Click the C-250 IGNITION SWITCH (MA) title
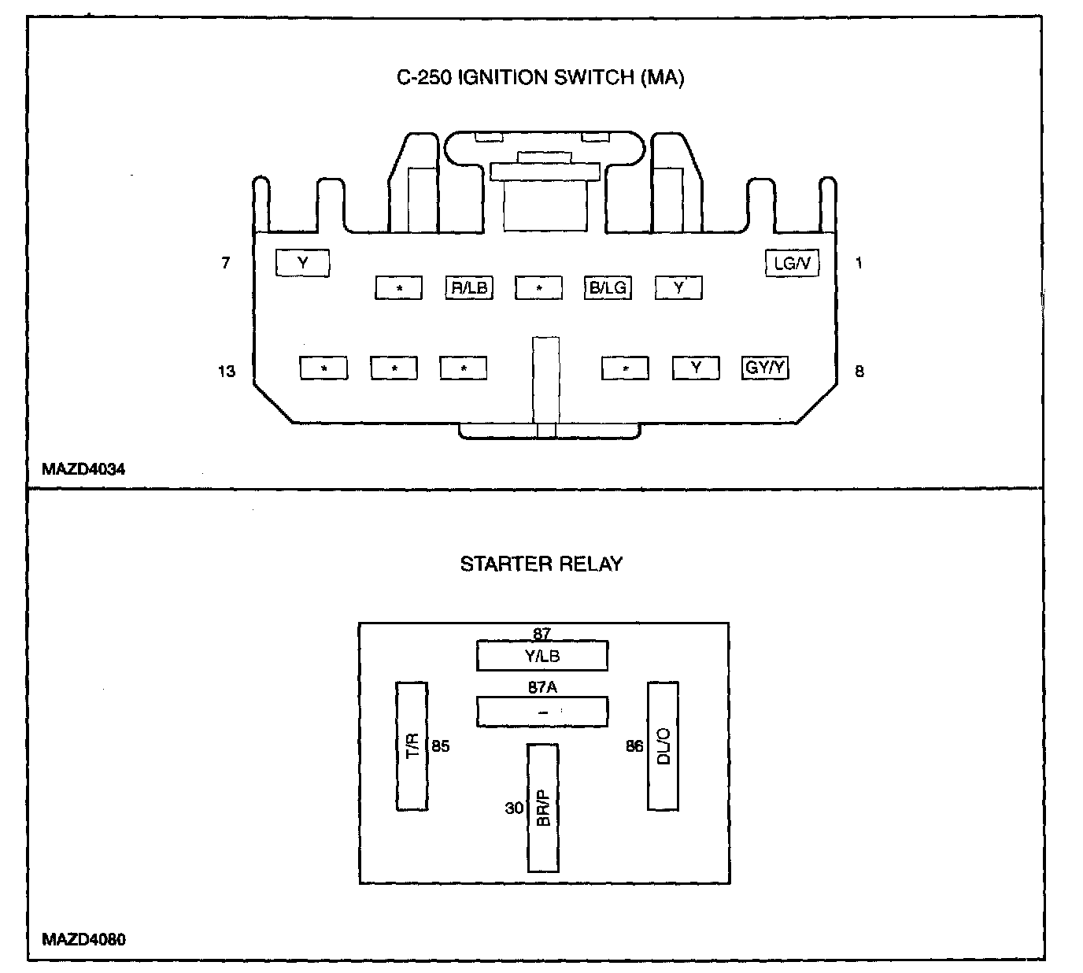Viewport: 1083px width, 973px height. click(x=541, y=78)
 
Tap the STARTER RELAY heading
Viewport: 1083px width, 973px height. click(x=541, y=564)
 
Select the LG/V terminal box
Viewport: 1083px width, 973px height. click(x=792, y=263)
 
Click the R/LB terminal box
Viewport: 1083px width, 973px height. click(x=468, y=287)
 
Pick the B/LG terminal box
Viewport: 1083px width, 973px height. click(x=608, y=287)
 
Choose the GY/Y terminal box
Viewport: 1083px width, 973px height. click(x=766, y=368)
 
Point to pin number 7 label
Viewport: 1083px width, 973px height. click(x=226, y=263)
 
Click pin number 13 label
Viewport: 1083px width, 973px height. click(x=227, y=371)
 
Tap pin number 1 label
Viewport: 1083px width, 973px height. click(x=859, y=263)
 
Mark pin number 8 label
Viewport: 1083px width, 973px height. click(x=859, y=371)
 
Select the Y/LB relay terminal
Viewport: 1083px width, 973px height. click(x=542, y=656)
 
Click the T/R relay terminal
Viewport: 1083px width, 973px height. click(x=412, y=745)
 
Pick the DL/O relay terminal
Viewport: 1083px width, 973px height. click(x=663, y=745)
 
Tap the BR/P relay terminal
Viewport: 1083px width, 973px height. click(x=543, y=808)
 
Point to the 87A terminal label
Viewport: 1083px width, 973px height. click(x=542, y=687)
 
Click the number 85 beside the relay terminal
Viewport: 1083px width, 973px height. click(x=441, y=745)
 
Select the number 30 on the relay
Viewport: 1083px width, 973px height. click(x=514, y=808)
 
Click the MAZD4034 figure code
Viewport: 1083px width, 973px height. click(x=83, y=469)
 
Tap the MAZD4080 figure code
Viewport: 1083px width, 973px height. click(x=83, y=939)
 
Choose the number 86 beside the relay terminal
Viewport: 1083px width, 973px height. click(x=634, y=745)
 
